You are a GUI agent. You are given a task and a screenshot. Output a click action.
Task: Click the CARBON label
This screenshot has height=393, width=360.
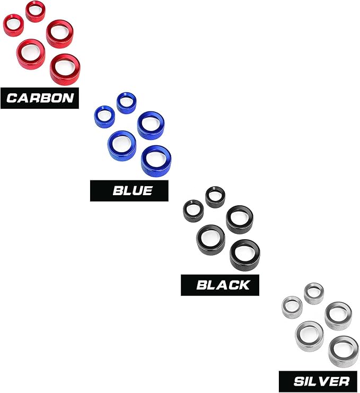click(40, 98)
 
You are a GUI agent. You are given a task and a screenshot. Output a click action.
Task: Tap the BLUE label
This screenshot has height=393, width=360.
click(129, 190)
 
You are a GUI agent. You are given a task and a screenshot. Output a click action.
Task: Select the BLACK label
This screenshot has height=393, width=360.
click(220, 285)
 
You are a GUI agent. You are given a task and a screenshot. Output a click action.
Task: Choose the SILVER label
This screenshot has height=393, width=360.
click(318, 381)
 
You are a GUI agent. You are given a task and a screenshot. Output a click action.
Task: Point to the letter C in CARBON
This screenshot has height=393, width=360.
click(12, 98)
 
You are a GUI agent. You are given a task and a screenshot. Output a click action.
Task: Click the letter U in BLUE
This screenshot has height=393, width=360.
click(137, 190)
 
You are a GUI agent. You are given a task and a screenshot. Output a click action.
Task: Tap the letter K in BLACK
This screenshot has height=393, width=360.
click(243, 285)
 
